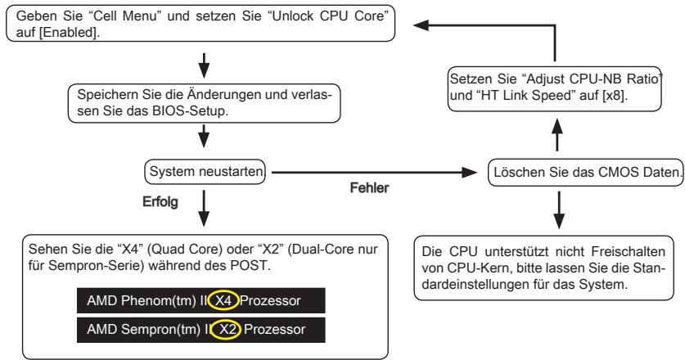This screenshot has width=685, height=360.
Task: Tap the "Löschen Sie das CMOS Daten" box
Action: (x=585, y=173)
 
